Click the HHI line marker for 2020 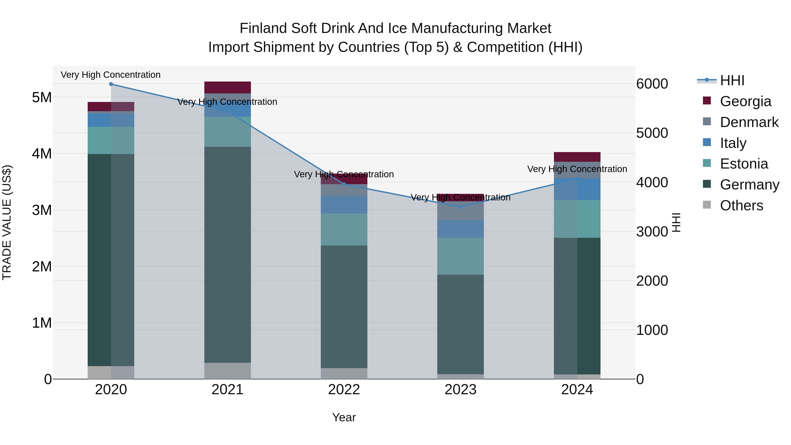[x=111, y=84]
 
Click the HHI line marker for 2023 [x=460, y=207]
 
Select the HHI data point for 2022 [x=344, y=184]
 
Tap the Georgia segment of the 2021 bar [x=228, y=87]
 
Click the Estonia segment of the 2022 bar [x=344, y=229]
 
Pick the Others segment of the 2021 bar [x=228, y=371]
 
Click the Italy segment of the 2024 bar [x=577, y=189]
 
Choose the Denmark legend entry [x=749, y=122]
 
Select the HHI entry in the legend [x=732, y=80]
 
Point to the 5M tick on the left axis [x=42, y=98]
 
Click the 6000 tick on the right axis [x=652, y=84]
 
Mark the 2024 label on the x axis [x=577, y=390]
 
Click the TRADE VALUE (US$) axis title [x=7, y=222]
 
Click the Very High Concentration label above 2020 [x=111, y=75]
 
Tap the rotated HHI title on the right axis [x=677, y=222]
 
